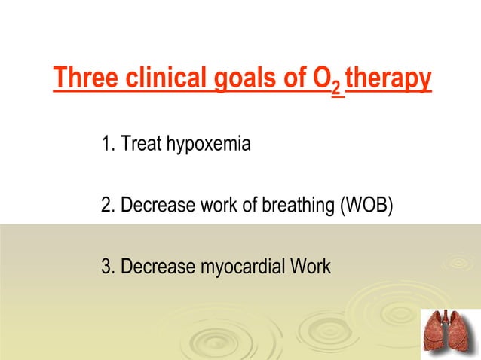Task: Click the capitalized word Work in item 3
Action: coord(309,267)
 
